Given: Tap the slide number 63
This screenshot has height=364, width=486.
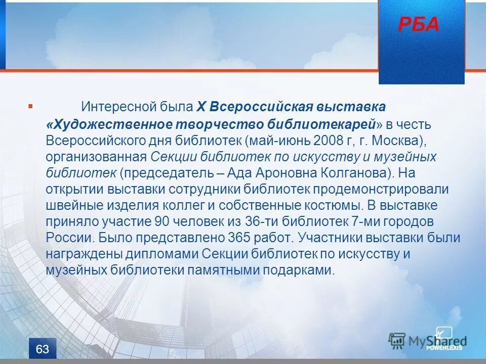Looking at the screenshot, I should click(x=43, y=349).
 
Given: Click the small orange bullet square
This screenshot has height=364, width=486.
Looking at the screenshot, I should click(x=30, y=106).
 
